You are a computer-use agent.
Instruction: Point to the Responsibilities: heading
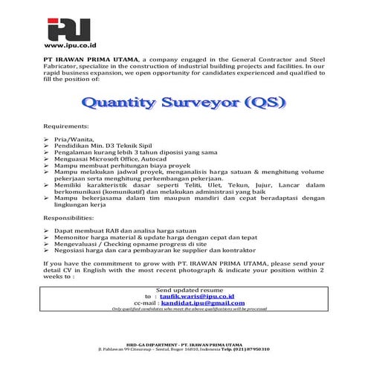click(73, 220)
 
